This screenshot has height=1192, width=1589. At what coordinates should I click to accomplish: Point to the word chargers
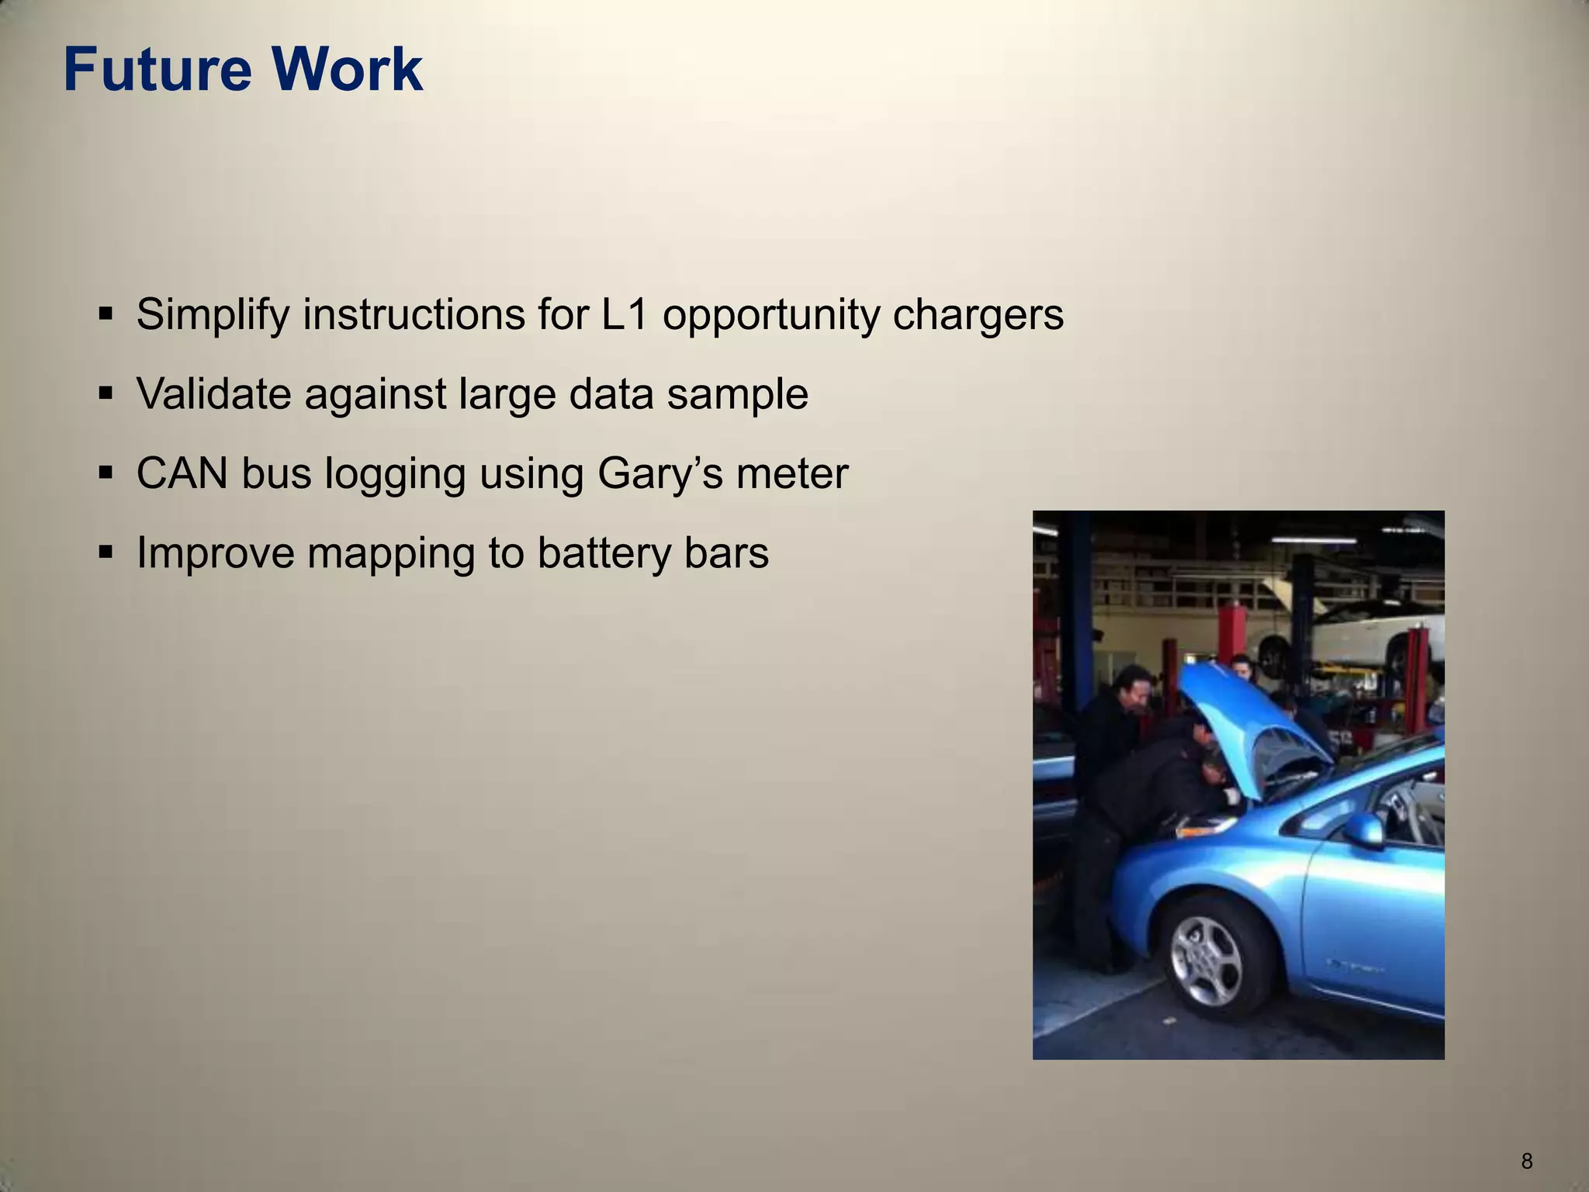pos(978,315)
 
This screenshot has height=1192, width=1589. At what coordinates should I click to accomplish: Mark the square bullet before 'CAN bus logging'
pos(106,473)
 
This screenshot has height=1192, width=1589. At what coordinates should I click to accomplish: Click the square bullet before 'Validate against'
pos(106,393)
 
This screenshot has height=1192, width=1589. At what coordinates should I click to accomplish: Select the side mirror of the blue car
pos(1365,830)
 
